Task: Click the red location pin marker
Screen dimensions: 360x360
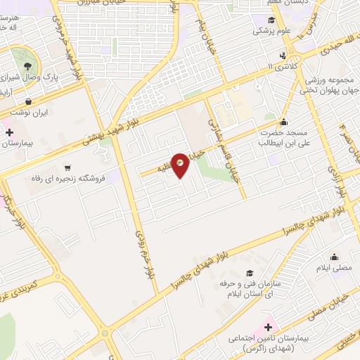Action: click(x=181, y=165)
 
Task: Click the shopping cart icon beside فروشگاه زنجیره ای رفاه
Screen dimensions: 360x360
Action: click(x=67, y=167)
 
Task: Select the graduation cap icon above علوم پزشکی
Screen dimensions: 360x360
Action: click(x=272, y=20)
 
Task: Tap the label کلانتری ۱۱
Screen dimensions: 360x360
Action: click(x=283, y=66)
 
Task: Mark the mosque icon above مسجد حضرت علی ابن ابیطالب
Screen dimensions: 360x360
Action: click(x=283, y=122)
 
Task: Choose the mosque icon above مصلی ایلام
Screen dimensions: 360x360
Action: click(x=334, y=257)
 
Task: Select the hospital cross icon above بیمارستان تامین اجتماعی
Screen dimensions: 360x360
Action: click(x=268, y=327)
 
